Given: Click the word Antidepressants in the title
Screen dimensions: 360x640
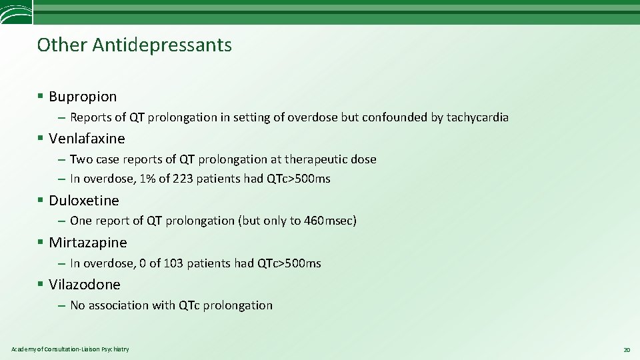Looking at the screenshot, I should (162, 45).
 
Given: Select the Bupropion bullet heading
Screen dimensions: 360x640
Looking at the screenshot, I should (83, 97).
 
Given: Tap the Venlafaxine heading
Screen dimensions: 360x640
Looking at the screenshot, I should (87, 139).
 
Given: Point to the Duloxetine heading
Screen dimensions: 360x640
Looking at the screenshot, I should (84, 201).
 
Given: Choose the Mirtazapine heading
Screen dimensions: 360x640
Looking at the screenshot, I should (88, 243).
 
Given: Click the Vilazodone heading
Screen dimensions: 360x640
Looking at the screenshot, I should (85, 285).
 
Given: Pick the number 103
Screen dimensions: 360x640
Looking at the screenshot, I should (173, 263).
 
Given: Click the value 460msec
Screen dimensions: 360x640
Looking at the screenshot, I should (331, 221).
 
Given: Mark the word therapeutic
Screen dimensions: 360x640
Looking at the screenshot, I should (316, 159).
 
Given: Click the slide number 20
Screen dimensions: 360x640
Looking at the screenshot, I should (626, 349).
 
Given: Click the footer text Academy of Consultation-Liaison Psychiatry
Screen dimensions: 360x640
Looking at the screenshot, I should (70, 349).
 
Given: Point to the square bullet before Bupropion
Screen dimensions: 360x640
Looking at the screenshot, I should (41, 97).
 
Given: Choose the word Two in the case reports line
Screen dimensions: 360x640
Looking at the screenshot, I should (81, 159).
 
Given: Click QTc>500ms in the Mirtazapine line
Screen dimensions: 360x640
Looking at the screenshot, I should (289, 263).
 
